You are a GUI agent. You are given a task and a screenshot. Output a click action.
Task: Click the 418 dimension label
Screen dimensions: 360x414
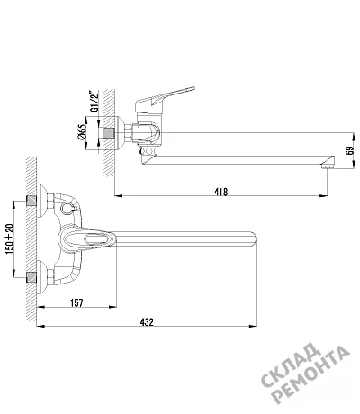pos(221,192)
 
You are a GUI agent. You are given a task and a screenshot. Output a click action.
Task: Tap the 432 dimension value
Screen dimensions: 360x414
pos(147,322)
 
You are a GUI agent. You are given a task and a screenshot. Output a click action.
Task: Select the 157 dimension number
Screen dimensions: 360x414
pos(76,303)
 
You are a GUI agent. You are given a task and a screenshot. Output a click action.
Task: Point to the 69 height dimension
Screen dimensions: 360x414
pos(349,150)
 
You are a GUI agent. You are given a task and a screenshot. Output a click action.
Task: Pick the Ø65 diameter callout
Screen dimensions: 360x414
pos(82,132)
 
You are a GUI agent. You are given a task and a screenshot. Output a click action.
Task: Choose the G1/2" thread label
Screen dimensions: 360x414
pos(94,101)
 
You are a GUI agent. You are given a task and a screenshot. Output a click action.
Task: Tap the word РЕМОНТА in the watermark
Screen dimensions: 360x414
pos(312,375)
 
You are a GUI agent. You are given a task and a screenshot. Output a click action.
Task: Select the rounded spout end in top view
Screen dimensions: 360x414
pos(254,238)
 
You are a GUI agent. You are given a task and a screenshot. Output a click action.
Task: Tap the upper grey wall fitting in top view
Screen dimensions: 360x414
pos(31,201)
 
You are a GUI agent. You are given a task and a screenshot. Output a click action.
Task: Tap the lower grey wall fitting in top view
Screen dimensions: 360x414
pos(31,277)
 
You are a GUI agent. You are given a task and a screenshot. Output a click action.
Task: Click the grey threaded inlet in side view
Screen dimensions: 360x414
pos(109,132)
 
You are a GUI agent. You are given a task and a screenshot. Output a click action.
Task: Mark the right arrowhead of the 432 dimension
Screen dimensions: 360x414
pos(254,326)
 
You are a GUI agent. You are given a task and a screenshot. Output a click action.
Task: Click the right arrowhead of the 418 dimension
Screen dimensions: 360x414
pos(323,196)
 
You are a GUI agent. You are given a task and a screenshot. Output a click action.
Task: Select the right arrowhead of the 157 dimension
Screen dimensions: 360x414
pos(112,307)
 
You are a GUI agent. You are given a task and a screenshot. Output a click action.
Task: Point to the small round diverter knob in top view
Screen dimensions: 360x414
pos(66,208)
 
